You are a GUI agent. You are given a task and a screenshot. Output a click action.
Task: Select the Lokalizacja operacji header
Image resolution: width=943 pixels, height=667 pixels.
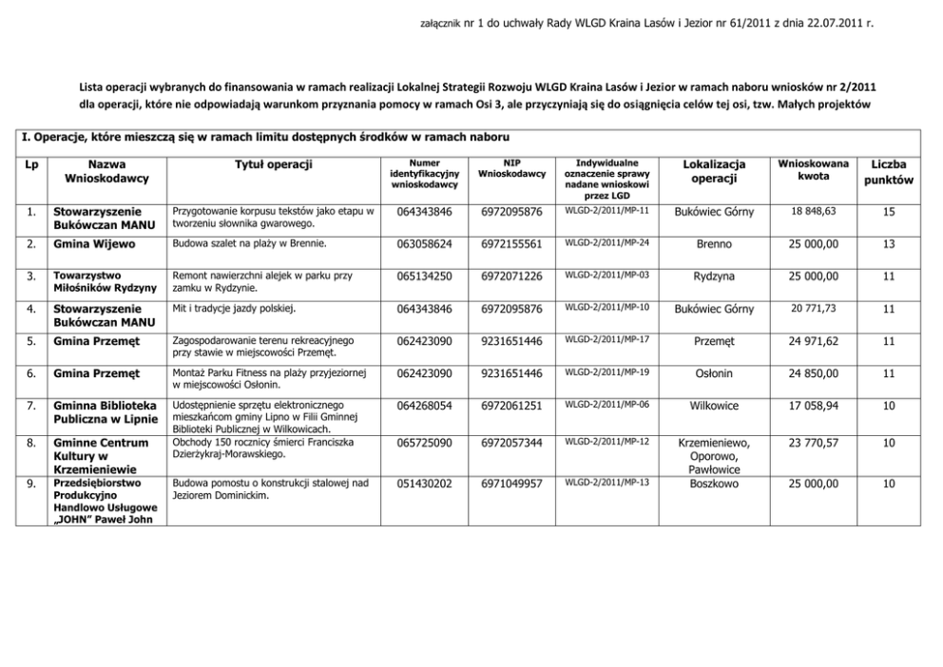pos(714,172)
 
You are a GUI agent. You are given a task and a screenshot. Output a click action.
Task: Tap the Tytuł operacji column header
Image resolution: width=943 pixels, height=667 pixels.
pos(274,164)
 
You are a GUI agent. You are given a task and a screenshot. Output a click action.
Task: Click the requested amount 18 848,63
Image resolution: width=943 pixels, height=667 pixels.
pos(811,211)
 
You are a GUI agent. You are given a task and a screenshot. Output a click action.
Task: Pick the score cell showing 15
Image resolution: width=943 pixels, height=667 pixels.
pos(888,212)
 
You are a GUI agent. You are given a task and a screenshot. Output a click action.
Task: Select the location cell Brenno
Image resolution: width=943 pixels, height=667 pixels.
pos(714,244)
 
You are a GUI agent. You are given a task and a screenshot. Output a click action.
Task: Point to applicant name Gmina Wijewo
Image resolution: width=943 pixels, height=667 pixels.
pos(92,244)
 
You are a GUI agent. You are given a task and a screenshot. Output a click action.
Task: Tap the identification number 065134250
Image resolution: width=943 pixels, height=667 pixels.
pos(424,276)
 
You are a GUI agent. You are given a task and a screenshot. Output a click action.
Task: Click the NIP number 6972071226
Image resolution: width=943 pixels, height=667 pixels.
pos(511,276)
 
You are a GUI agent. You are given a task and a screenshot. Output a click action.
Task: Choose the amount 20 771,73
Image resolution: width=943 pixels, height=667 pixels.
pos(811,308)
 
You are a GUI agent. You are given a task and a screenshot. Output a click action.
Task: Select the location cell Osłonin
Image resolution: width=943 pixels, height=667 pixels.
pos(714,373)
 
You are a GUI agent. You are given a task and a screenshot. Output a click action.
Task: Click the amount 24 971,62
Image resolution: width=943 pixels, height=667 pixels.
pos(811,340)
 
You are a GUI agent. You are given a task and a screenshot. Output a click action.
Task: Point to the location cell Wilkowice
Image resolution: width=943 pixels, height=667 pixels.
pos(714,406)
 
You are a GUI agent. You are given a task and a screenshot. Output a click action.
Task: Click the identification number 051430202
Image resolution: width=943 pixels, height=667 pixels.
pos(424,484)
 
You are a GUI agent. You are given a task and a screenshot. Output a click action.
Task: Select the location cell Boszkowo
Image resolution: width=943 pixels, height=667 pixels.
pos(714,484)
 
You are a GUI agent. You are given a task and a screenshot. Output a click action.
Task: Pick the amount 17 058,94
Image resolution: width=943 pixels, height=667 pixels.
pos(811,406)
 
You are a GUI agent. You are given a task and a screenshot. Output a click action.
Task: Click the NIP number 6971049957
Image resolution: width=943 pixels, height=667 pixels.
pos(511,484)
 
